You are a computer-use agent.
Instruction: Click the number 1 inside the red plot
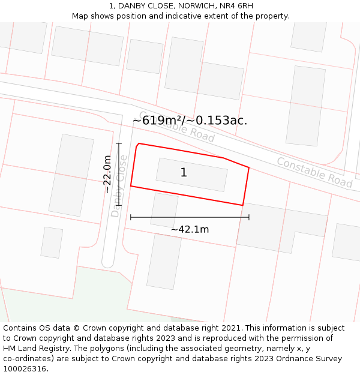point(184,173)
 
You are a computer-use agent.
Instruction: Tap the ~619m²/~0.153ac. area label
point(190,121)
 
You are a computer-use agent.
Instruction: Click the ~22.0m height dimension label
point(107,174)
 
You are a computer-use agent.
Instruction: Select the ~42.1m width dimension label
point(190,229)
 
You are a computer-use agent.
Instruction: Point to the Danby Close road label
point(119,186)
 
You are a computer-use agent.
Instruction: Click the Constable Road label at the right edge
point(314,172)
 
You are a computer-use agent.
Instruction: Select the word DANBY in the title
point(129,6)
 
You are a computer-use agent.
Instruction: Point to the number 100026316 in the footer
point(25,369)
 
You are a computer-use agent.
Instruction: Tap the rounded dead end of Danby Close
point(108,262)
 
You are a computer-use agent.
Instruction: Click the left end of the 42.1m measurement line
point(131,217)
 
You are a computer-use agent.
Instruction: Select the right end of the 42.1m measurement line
point(249,217)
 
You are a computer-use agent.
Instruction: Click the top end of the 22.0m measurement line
point(119,143)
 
